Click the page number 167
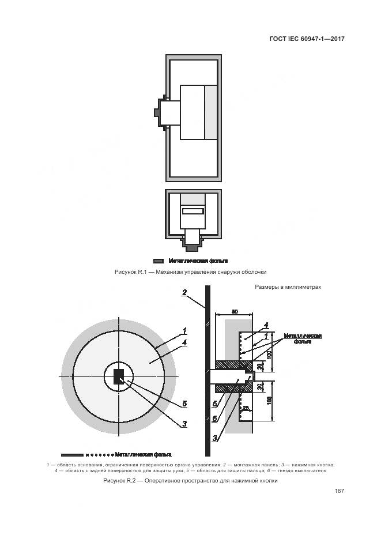(339, 491)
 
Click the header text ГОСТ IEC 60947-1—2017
(307, 39)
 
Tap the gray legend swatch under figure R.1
(158, 261)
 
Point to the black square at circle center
(119, 376)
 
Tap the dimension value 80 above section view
(234, 311)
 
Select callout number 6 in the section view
(214, 419)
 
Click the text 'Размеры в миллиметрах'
(288, 287)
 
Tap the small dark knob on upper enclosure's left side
(156, 112)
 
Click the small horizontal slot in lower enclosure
(193, 212)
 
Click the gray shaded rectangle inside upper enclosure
(211, 112)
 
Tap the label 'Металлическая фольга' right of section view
(302, 338)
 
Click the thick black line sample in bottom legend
(72, 454)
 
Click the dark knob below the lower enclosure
(193, 248)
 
